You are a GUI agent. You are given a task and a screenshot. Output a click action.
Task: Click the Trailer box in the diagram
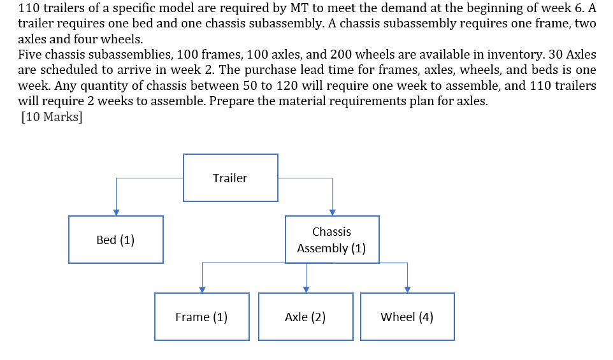(230, 178)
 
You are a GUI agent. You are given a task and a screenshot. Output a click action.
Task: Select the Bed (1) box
(115, 240)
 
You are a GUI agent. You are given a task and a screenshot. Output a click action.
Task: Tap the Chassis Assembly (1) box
(331, 240)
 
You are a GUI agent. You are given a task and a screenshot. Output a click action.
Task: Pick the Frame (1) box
(201, 317)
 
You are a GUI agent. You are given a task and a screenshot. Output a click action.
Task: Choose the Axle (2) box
(305, 317)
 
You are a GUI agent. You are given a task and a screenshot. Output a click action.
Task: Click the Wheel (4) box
(407, 317)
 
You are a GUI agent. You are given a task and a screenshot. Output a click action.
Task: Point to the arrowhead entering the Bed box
(115, 212)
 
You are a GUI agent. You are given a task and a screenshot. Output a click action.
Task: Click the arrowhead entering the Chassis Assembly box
(332, 212)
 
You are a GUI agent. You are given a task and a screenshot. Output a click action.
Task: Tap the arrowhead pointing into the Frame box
(202, 289)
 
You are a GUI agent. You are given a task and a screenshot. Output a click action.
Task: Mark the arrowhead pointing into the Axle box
(306, 289)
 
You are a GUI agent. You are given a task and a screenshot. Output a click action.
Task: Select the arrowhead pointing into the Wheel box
(407, 289)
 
